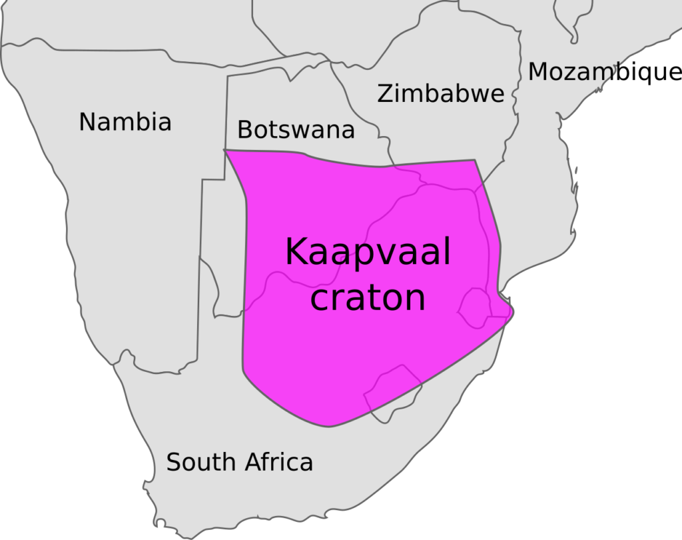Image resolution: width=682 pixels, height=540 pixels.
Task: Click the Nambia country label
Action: click(x=125, y=122)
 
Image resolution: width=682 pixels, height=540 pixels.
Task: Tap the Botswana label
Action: click(x=296, y=129)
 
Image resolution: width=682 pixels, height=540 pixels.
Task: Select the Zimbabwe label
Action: click(x=440, y=94)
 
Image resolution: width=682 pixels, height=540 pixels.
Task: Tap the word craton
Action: click(x=368, y=298)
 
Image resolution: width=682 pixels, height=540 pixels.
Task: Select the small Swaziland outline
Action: click(x=475, y=307)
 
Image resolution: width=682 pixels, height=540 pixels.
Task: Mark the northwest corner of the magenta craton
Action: click(x=225, y=151)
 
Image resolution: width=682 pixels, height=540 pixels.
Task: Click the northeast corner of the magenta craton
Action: click(x=474, y=161)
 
